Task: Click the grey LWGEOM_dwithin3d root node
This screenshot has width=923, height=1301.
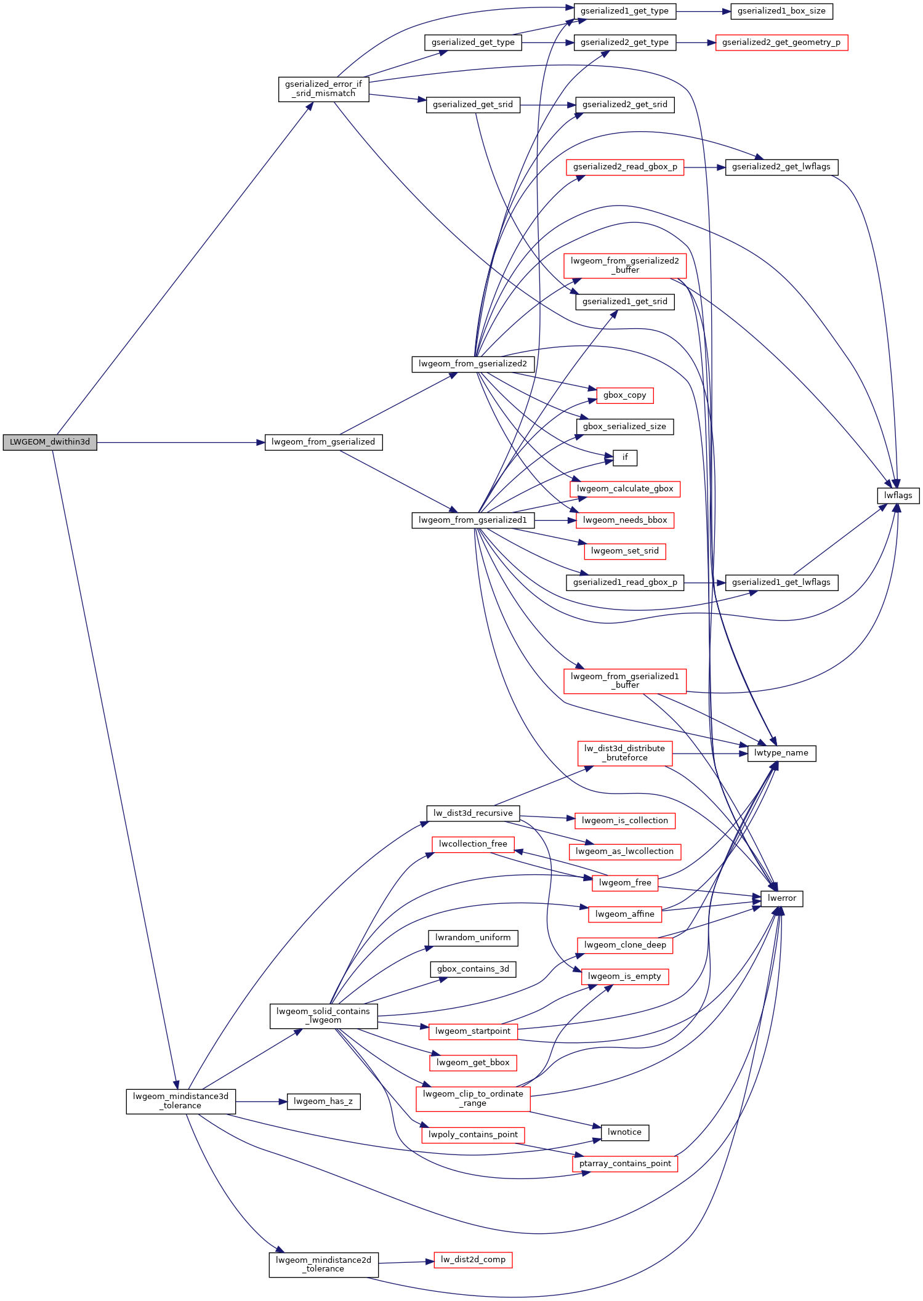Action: (x=50, y=442)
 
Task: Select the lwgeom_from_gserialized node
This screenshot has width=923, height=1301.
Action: (x=323, y=442)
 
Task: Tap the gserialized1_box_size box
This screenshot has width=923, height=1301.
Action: (x=781, y=11)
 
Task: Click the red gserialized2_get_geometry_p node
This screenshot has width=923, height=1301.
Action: (x=781, y=42)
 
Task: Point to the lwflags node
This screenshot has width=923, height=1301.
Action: (x=898, y=496)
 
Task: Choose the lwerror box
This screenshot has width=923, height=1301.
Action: (x=782, y=898)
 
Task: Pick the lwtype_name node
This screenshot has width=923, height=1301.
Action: (x=781, y=753)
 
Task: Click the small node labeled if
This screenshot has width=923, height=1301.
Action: (x=625, y=457)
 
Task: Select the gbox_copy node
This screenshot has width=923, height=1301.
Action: (x=625, y=395)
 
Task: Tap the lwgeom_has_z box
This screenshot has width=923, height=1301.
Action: (x=323, y=1102)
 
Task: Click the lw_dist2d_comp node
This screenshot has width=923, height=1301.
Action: (x=473, y=1260)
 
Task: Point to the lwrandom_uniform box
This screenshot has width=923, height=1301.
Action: (x=473, y=938)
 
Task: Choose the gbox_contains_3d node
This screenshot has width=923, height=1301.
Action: (x=473, y=969)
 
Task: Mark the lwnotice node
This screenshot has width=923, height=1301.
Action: (x=625, y=1132)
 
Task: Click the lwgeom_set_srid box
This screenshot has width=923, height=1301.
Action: (x=625, y=551)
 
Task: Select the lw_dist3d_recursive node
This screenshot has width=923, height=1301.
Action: (x=473, y=813)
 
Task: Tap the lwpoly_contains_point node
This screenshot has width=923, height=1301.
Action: (x=473, y=1135)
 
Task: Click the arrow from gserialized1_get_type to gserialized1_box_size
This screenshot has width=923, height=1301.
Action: (x=703, y=11)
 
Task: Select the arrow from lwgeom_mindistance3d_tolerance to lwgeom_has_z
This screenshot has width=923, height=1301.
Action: (x=261, y=1102)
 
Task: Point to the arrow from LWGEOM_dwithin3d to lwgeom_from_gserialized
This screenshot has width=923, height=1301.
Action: (x=181, y=442)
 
